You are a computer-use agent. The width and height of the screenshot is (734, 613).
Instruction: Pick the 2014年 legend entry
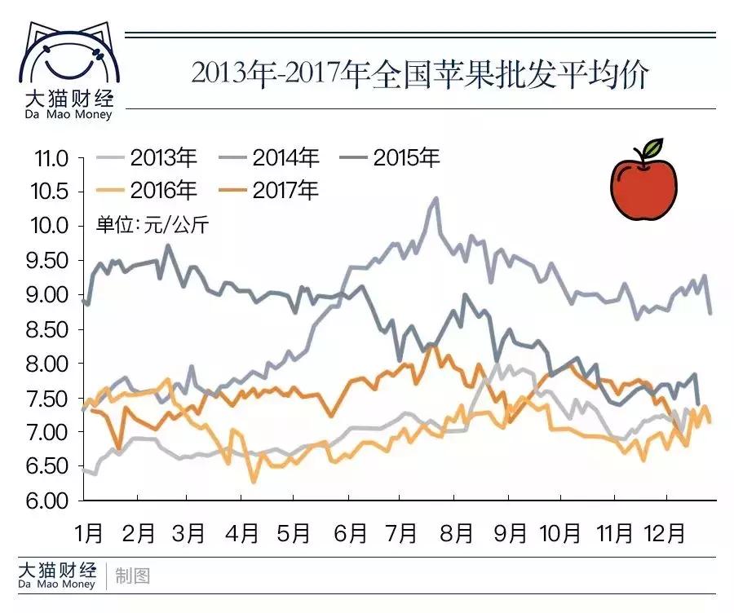[269, 157]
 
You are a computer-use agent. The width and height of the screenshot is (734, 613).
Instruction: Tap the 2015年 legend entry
[390, 157]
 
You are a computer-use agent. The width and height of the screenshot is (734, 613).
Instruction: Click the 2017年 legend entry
[269, 191]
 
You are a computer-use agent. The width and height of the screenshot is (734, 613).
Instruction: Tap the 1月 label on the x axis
[89, 533]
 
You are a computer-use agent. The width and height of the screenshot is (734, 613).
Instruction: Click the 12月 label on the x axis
[665, 533]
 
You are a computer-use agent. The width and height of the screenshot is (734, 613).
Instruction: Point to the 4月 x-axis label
[242, 533]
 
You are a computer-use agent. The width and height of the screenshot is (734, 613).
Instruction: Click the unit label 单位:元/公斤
[153, 225]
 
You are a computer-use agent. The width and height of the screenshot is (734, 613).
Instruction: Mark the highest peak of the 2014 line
[436, 198]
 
